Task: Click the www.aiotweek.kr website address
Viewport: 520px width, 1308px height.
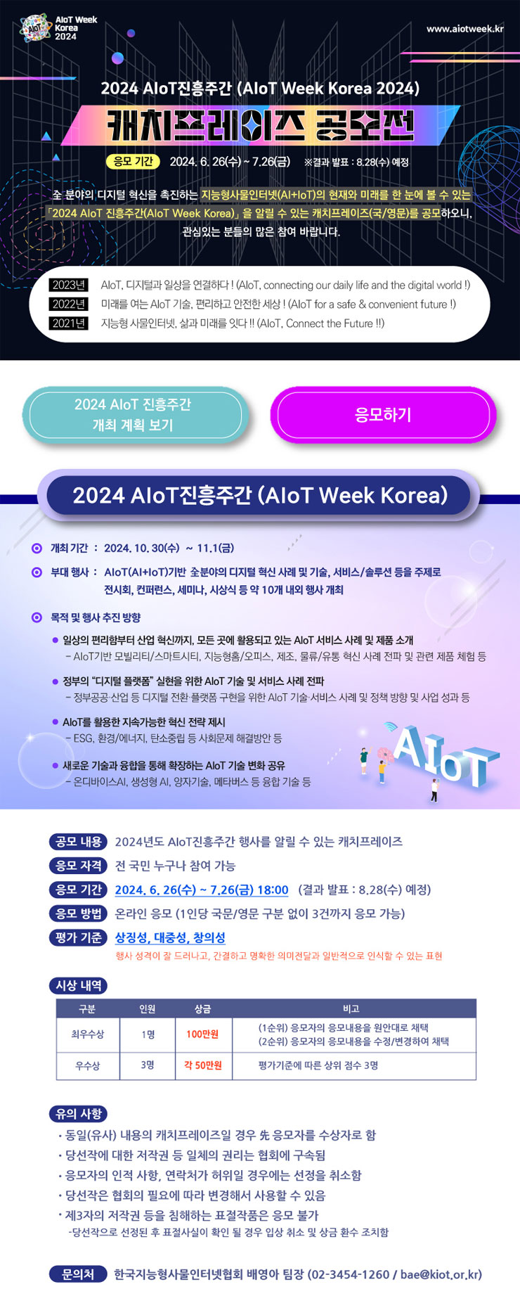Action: [464, 29]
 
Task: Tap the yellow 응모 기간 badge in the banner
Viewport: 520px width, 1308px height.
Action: [133, 161]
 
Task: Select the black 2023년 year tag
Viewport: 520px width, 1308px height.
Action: [69, 285]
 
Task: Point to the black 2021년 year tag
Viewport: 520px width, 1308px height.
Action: [69, 323]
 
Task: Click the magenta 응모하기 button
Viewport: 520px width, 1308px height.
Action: [383, 415]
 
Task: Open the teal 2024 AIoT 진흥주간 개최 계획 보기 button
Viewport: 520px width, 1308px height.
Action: [133, 415]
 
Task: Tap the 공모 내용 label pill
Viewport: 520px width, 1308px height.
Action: [79, 842]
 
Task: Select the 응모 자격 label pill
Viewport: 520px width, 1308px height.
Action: [79, 866]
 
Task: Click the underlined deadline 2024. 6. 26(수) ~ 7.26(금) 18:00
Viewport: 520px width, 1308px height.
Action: [202, 890]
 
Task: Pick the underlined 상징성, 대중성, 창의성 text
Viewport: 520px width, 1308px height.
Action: [170, 937]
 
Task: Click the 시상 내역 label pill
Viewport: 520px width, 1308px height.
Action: [79, 986]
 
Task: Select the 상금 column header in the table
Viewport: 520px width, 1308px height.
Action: [202, 1008]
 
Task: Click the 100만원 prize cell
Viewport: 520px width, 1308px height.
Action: [202, 1034]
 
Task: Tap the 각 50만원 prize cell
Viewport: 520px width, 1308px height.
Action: [202, 1065]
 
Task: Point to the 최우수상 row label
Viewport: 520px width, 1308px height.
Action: [87, 1034]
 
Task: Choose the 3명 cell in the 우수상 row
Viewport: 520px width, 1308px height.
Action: [147, 1065]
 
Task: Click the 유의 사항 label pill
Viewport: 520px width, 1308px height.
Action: [79, 1114]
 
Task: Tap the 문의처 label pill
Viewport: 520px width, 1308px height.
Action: [78, 1274]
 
